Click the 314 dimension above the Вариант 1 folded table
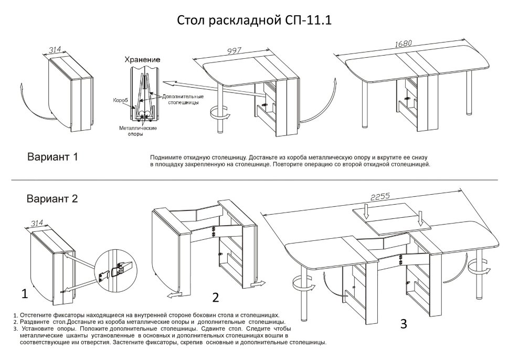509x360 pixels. (55, 50)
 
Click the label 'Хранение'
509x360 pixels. (142, 60)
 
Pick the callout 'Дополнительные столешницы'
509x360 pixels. (181, 100)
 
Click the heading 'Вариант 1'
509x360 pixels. (52, 156)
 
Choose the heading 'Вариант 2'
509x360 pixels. (52, 198)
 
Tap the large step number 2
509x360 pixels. (215, 298)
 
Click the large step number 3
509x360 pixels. (403, 324)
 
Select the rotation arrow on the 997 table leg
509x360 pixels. (217, 112)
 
